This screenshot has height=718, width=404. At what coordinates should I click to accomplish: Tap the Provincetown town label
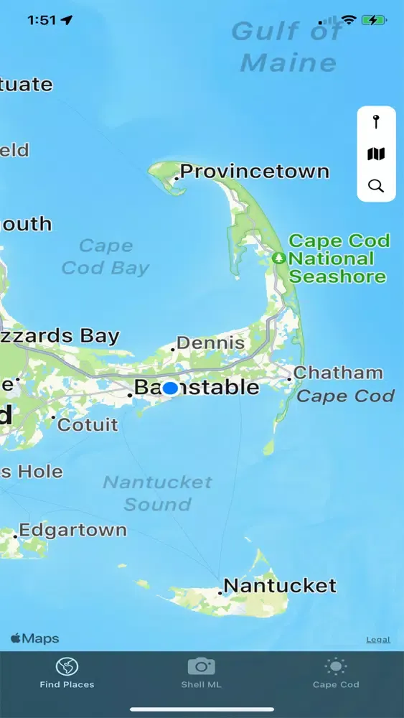tap(254, 172)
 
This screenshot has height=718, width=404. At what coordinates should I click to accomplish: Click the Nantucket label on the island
tap(280, 586)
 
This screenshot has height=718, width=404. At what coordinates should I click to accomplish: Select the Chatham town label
tap(338, 373)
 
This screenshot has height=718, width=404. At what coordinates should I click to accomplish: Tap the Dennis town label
tap(210, 343)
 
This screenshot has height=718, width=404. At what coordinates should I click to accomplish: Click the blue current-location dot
tap(170, 388)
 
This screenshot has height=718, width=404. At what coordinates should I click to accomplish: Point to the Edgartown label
tap(72, 531)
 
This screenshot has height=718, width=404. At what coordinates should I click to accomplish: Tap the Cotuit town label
tap(88, 425)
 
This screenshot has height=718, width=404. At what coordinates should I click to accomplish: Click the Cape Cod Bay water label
tap(105, 257)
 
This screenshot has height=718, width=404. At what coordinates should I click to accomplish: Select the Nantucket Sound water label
tap(157, 493)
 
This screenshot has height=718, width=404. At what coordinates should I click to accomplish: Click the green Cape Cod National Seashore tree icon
tap(279, 258)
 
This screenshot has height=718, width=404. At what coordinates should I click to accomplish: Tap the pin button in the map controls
tap(376, 122)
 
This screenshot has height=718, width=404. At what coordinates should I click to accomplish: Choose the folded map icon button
tap(376, 154)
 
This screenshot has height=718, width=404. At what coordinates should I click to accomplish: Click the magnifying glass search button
tap(376, 186)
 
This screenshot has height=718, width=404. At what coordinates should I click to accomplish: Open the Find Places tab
tap(67, 673)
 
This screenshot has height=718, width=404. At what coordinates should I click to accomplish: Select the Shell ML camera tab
tap(201, 673)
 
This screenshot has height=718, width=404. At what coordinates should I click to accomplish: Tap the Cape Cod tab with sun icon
tap(335, 673)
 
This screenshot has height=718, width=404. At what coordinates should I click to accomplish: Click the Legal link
tap(378, 640)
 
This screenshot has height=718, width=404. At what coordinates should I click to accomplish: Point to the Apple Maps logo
tap(34, 638)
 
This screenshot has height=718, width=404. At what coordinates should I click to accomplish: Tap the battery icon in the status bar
tap(373, 20)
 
